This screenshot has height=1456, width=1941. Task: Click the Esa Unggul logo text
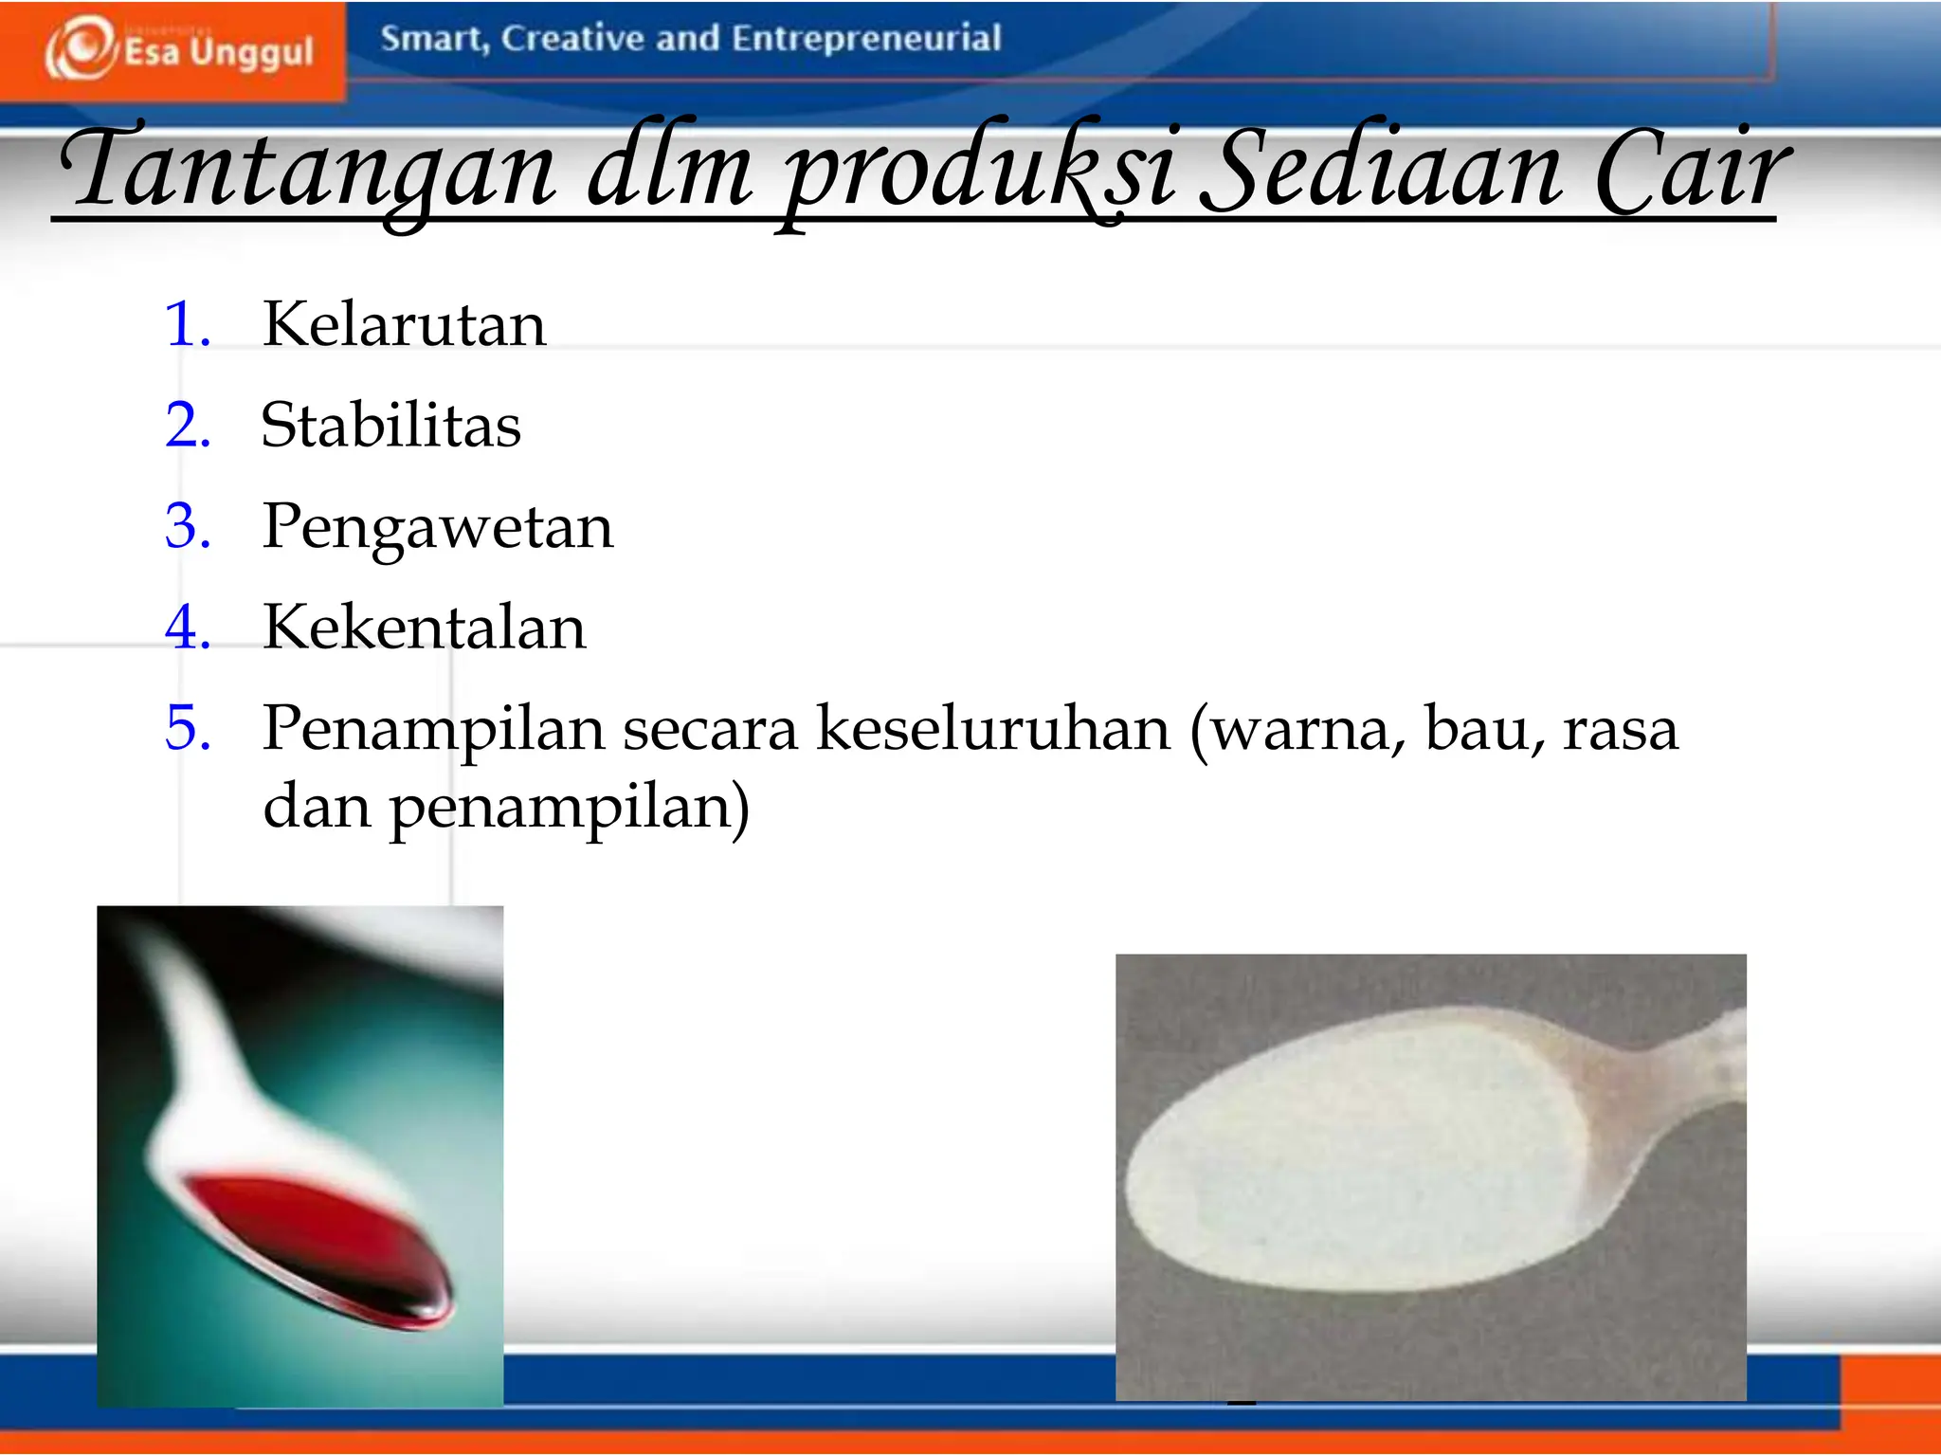218,52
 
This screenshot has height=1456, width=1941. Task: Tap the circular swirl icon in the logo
80,47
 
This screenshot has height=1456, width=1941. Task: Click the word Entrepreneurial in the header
866,39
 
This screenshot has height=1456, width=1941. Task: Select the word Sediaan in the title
1379,171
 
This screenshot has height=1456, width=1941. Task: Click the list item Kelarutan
404,324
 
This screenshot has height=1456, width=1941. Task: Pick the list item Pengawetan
437,527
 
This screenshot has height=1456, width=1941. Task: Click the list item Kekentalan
424,628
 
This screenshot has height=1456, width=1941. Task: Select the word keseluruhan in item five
993,730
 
